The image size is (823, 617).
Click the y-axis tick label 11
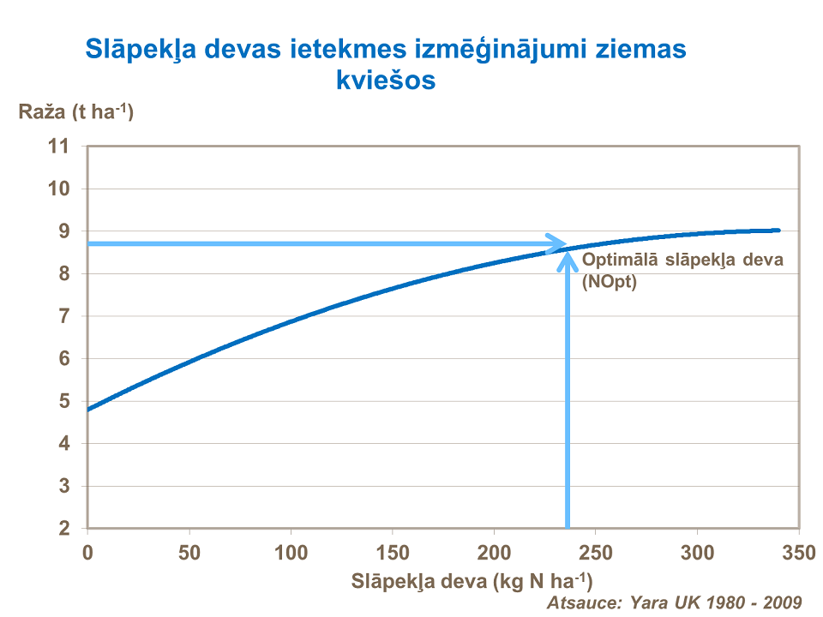click(58, 147)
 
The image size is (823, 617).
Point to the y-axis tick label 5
click(64, 401)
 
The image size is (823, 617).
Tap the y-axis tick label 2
click(64, 529)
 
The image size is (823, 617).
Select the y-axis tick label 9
click(64, 231)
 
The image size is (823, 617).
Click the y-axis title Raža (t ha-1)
click(76, 112)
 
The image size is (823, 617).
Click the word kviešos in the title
click(386, 81)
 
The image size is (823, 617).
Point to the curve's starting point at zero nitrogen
click(88, 409)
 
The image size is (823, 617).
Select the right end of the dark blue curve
click(778, 230)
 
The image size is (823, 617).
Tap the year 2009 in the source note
click(782, 602)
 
